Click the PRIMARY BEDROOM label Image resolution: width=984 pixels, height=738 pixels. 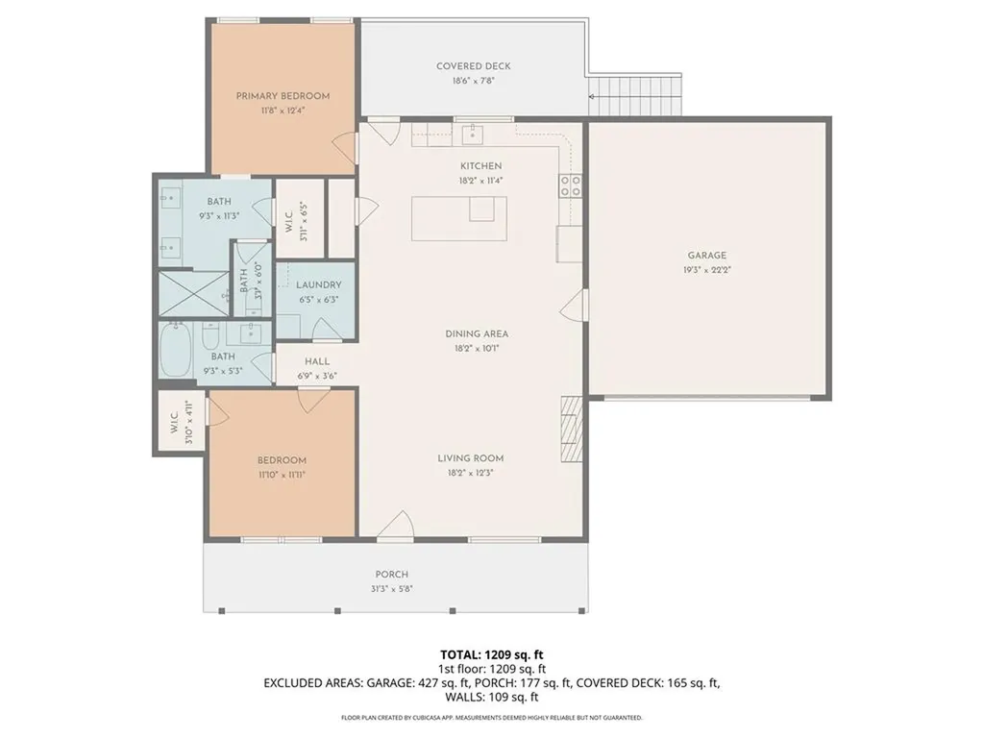point(283,96)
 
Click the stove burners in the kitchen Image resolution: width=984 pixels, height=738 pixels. point(570,185)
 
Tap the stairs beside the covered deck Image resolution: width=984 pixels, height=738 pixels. point(634,94)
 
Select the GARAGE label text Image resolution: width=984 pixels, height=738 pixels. point(706,256)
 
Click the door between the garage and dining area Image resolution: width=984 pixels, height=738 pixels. point(575,306)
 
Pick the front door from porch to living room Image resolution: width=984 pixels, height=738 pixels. point(396,527)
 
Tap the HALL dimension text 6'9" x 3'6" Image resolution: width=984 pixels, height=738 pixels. point(316,376)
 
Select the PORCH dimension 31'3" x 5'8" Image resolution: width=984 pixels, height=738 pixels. point(392,590)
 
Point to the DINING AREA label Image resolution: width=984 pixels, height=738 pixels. point(477,333)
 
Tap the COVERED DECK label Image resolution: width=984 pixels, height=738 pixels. point(473,66)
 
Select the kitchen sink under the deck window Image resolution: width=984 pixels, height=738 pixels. point(471,132)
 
